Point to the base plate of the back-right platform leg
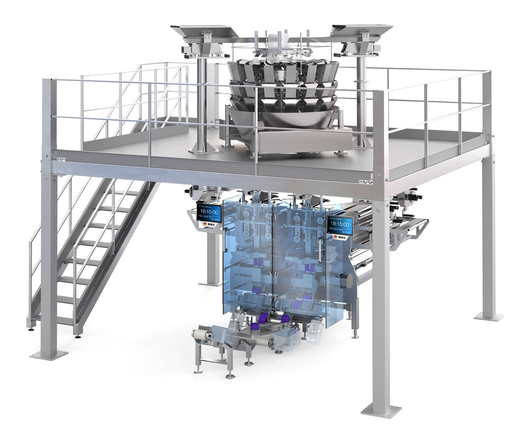489,316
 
